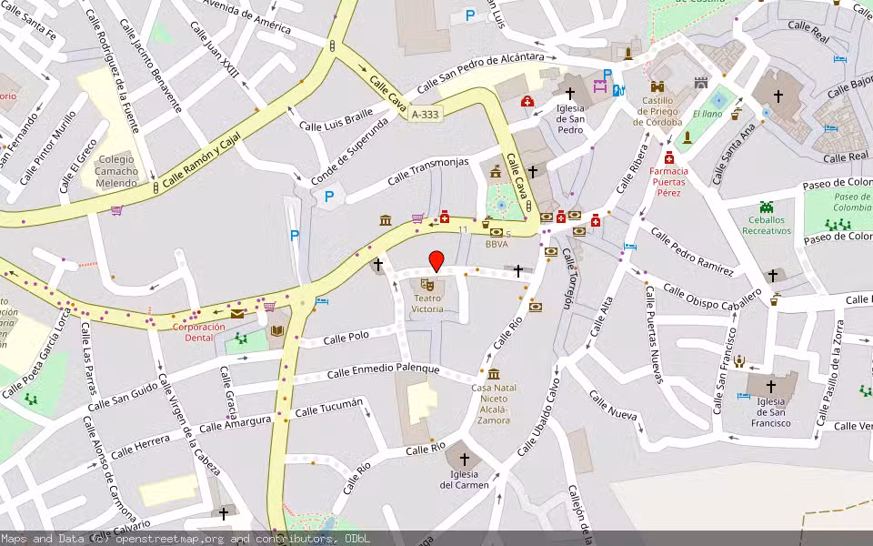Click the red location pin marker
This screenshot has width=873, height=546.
[436, 261]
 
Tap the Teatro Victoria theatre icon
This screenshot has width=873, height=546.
[427, 286]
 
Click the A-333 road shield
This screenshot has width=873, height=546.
[424, 115]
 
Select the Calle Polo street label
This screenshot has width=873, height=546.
[346, 339]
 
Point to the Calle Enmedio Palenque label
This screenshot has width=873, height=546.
[383, 371]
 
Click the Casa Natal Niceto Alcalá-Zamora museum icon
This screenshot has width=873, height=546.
[493, 374]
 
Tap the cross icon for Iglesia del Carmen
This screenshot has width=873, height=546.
[465, 460]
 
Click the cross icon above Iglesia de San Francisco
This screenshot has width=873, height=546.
[770, 385]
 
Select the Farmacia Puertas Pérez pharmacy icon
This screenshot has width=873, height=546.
[669, 157]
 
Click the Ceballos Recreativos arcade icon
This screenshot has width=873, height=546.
[766, 207]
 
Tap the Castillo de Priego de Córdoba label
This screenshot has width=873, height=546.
[657, 111]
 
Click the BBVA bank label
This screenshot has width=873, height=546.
[496, 244]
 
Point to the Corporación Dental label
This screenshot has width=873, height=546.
[199, 332]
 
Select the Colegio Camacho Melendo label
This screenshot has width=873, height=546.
[118, 171]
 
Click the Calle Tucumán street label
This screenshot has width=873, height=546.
[329, 407]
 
